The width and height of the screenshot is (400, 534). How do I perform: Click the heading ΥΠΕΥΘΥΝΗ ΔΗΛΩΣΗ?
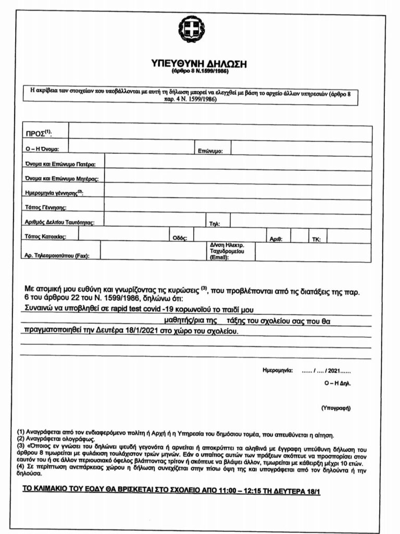tap(198, 64)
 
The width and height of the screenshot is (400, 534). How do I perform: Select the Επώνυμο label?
tap(210, 151)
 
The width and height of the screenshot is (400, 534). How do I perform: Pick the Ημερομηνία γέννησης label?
tap(54, 193)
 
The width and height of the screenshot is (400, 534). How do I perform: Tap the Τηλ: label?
tap(215, 224)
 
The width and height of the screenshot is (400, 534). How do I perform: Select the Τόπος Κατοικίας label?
tap(44, 237)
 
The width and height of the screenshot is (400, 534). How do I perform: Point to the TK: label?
tap(316, 239)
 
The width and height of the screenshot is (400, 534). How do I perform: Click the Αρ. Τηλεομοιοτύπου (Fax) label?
tap(57, 256)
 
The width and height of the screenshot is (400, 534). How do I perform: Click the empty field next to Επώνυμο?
tap(301, 149)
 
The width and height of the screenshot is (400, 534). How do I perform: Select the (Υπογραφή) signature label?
tap(335, 408)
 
